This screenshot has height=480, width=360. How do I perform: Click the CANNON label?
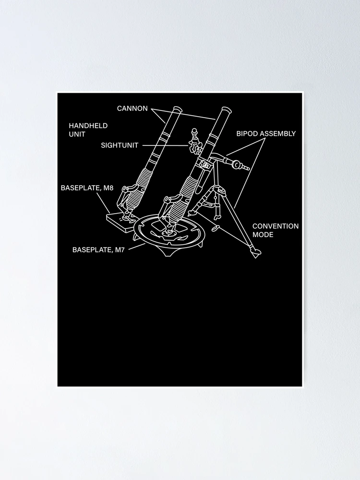click(x=132, y=108)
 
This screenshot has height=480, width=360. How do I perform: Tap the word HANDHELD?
click(x=88, y=125)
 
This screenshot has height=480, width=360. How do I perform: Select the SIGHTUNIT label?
click(x=120, y=145)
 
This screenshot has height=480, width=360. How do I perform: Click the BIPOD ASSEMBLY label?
click(x=266, y=133)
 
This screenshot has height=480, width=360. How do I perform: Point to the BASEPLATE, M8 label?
click(x=87, y=188)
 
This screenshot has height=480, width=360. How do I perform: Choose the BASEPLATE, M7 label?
click(x=98, y=250)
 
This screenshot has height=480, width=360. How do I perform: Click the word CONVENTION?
click(x=276, y=226)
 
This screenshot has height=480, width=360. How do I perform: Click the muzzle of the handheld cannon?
click(x=177, y=109)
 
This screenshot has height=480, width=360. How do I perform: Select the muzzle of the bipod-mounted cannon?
click(x=226, y=110)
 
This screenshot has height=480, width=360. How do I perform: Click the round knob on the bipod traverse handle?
click(x=236, y=165)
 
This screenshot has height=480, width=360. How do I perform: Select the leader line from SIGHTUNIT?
click(x=165, y=145)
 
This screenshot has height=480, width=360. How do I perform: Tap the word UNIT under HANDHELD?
click(x=77, y=134)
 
